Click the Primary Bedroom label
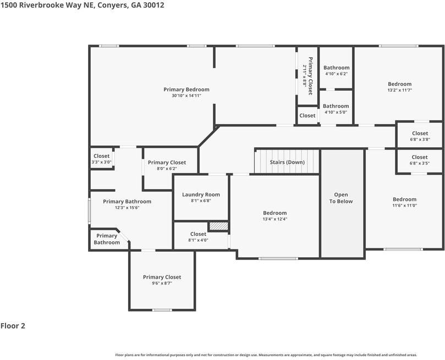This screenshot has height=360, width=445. (x=186, y=90)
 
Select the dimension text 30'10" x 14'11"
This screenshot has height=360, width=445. (x=186, y=96)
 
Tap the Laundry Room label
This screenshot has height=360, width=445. (x=201, y=195)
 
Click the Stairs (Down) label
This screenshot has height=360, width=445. (x=287, y=162)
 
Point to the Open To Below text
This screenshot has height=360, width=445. (x=342, y=198)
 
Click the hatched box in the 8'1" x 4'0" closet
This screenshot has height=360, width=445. (x=218, y=226)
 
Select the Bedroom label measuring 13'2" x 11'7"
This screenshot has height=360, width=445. (x=399, y=84)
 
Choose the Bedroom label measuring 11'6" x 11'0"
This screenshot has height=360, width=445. (x=404, y=200)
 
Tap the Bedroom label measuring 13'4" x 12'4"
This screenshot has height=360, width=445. (x=274, y=213)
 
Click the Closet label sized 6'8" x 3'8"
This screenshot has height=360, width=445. (x=420, y=134)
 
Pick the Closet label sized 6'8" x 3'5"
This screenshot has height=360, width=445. (x=420, y=157)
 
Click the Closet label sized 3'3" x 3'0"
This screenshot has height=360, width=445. (x=101, y=156)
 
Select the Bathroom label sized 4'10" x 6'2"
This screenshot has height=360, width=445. (x=336, y=68)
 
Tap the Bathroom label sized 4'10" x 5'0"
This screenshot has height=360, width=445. (x=336, y=106)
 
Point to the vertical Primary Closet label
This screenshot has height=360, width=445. (x=310, y=76)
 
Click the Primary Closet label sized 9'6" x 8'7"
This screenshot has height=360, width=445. (x=162, y=277)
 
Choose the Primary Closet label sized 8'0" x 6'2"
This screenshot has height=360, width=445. (x=167, y=163)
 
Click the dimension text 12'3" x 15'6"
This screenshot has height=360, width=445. (x=127, y=207)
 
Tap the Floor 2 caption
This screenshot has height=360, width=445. (x=13, y=326)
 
